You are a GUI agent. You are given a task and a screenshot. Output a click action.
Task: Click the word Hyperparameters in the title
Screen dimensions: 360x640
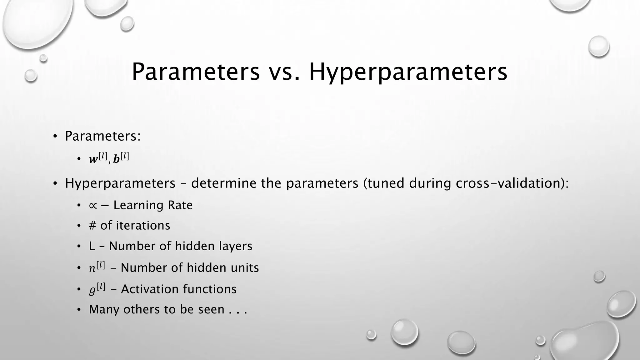coord(408,72)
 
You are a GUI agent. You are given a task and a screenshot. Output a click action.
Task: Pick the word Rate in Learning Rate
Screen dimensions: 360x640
coord(180,205)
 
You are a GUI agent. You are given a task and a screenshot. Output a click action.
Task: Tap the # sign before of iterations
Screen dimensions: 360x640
coord(92,226)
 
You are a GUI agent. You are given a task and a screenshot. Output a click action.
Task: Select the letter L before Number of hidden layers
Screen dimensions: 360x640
coord(92,246)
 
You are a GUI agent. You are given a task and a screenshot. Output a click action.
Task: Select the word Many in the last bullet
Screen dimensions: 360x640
coord(104,310)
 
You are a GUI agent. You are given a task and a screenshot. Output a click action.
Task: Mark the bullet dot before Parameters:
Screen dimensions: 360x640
coord(55,136)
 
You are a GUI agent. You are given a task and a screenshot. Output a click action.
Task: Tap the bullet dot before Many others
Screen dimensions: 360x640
coord(79,310)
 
